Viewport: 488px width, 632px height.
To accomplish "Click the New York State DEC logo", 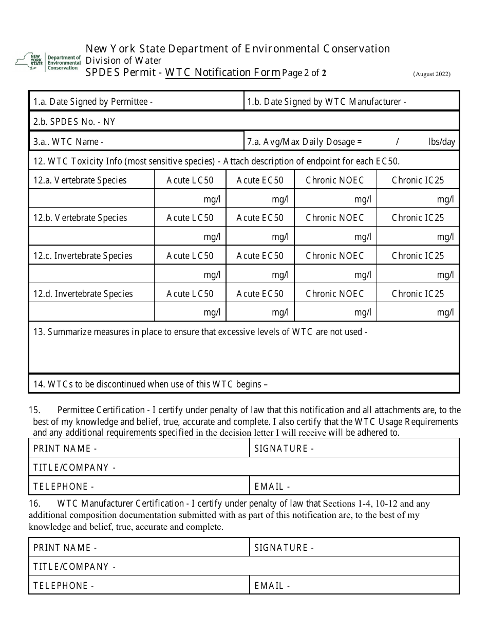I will pyautogui.click(x=48, y=62).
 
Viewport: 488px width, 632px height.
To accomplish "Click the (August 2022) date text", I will pyautogui.click(x=431, y=74).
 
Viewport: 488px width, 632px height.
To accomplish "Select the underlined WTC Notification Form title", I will pyautogui.click(x=222, y=72).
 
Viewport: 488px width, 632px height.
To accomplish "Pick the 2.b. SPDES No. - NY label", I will pyautogui.click(x=74, y=121).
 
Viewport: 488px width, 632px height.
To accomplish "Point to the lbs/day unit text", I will pyautogui.click(x=441, y=142).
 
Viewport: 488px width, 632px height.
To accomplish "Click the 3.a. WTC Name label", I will pyautogui.click(x=69, y=142).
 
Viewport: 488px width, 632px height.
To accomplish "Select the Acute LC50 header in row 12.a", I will pyautogui.click(x=190, y=180).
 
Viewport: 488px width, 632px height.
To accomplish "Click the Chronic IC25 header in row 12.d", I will pyautogui.click(x=418, y=294).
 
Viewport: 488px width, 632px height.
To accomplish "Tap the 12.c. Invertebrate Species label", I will pyautogui.click(x=83, y=256).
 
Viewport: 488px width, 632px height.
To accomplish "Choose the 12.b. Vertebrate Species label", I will pyautogui.click(x=80, y=218).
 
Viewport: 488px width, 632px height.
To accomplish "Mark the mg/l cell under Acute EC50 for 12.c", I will pyautogui.click(x=280, y=275).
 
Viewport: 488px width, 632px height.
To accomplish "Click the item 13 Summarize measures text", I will pyautogui.click(x=200, y=332).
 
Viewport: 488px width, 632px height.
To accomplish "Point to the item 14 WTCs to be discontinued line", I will pyautogui.click(x=151, y=384).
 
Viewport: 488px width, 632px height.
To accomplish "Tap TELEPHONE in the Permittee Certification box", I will pyautogui.click(x=64, y=487).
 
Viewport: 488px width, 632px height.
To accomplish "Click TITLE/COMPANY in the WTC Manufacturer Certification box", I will pyautogui.click(x=74, y=567).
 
